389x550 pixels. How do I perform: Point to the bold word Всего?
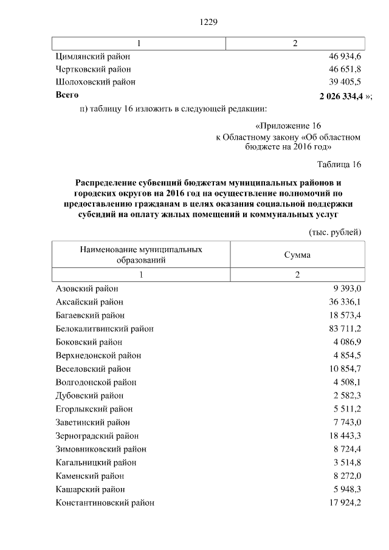tap(67, 95)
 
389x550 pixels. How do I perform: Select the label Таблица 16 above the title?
tap(339, 165)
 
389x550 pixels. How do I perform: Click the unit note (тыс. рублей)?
tap(336, 232)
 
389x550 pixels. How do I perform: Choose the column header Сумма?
tap(297, 255)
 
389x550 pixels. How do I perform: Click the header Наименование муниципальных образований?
tap(140, 255)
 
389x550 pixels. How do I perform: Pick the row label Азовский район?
tap(86, 289)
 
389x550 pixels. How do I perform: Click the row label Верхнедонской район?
tap(98, 356)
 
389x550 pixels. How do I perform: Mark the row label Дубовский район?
tap(89, 396)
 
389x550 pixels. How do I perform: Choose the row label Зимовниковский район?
tap(100, 449)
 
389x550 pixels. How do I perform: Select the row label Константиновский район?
tap(105, 503)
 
